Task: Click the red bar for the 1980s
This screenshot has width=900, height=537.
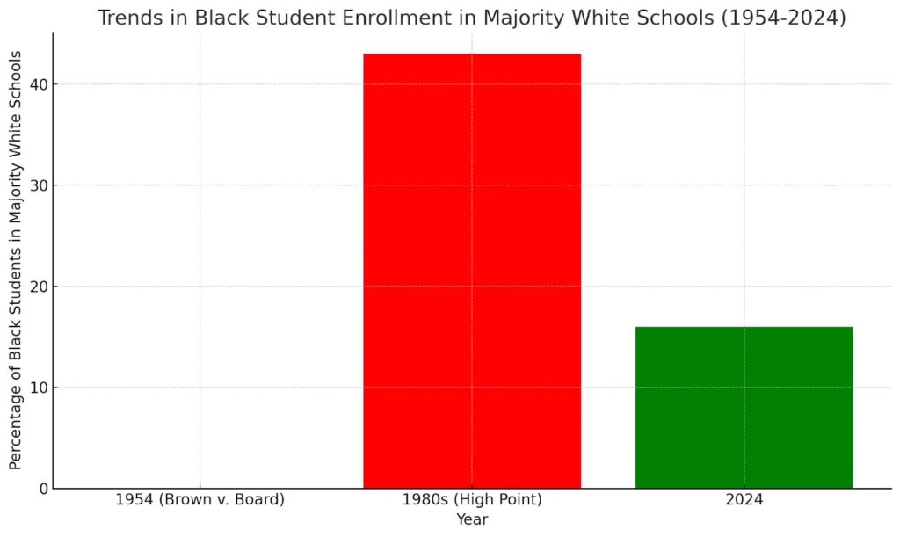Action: click(472, 271)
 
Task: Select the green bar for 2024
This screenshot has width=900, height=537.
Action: click(744, 407)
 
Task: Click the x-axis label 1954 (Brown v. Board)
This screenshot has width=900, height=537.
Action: click(200, 501)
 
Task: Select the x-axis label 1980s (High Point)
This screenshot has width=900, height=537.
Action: click(472, 501)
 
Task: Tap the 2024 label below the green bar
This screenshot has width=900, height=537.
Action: click(744, 501)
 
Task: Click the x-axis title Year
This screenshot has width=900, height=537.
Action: click(472, 519)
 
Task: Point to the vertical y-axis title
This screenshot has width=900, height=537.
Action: click(16, 260)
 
